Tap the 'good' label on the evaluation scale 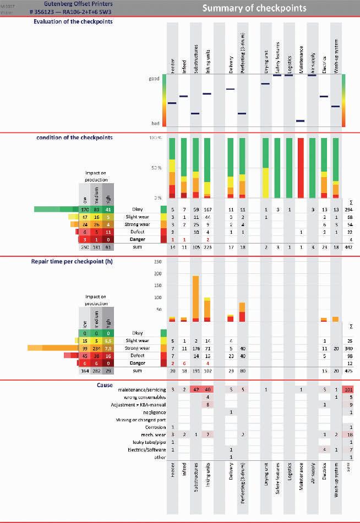tap(154, 79)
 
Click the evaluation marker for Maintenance tap(301, 121)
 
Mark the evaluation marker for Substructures tap(195, 114)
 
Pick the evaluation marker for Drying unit tap(265, 84)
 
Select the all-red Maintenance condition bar tap(301, 167)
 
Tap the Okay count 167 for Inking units tap(208, 210)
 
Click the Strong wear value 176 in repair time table tap(195, 349)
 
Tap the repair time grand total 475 tap(347, 372)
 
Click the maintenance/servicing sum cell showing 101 tap(347, 390)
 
